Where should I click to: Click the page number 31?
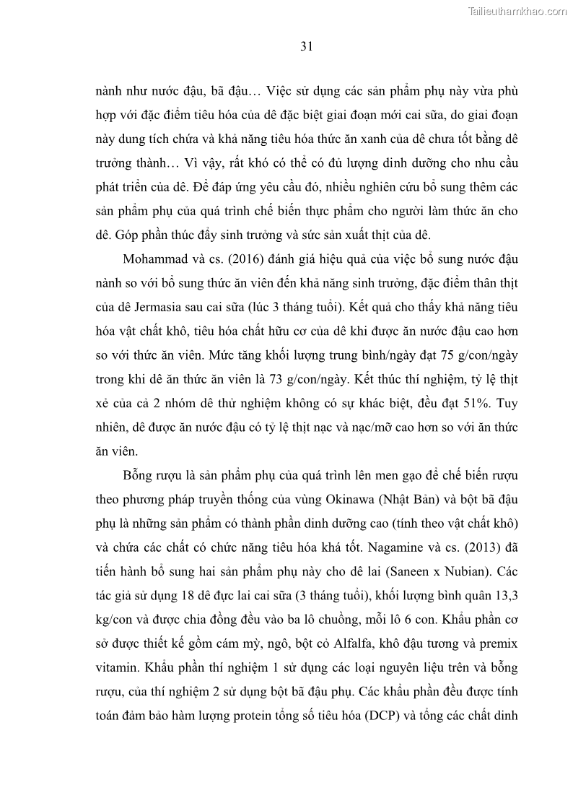tap(306, 47)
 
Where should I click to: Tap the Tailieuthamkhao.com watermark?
tap(517, 11)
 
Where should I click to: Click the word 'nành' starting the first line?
tap(110, 93)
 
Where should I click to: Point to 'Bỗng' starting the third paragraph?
tap(141, 474)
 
